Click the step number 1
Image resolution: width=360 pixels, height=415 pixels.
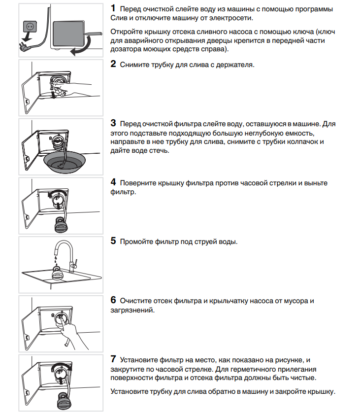(x=113, y=8)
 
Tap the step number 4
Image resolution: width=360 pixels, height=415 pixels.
(x=113, y=183)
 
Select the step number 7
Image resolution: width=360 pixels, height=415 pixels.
(x=113, y=359)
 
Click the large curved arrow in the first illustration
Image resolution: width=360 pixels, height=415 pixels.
(x=80, y=48)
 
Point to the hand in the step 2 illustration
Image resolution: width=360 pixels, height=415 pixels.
(x=74, y=88)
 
